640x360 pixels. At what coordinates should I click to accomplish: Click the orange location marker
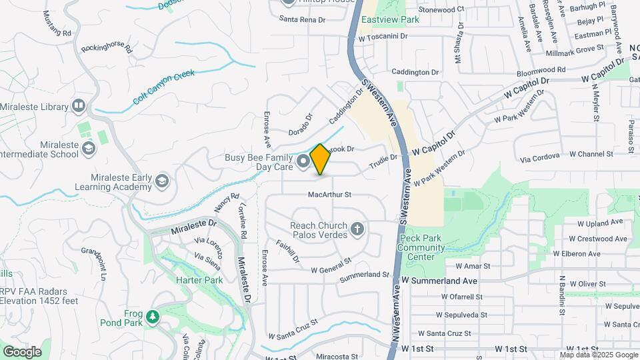tap(320, 159)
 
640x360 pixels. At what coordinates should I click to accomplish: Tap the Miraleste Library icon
tap(79, 106)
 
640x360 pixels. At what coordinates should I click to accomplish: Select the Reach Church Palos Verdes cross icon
tap(357, 230)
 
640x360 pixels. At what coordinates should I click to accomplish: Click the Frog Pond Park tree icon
tap(153, 315)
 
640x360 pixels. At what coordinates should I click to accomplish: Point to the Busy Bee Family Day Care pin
tap(303, 161)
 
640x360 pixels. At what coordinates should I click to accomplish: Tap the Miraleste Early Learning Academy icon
tap(161, 181)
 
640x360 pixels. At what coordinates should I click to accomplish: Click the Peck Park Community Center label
tap(421, 247)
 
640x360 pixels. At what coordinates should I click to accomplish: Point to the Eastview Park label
tap(390, 20)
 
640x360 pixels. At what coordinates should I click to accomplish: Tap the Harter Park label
tap(199, 280)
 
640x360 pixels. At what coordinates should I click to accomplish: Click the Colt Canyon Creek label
tap(163, 87)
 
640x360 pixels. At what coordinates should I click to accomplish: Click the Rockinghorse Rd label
tap(107, 49)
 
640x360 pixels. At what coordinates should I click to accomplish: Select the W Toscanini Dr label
tap(382, 37)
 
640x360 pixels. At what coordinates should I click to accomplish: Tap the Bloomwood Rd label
tap(541, 69)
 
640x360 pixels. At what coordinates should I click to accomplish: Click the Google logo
tap(22, 352)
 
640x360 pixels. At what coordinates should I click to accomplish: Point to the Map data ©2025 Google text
tap(599, 355)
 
